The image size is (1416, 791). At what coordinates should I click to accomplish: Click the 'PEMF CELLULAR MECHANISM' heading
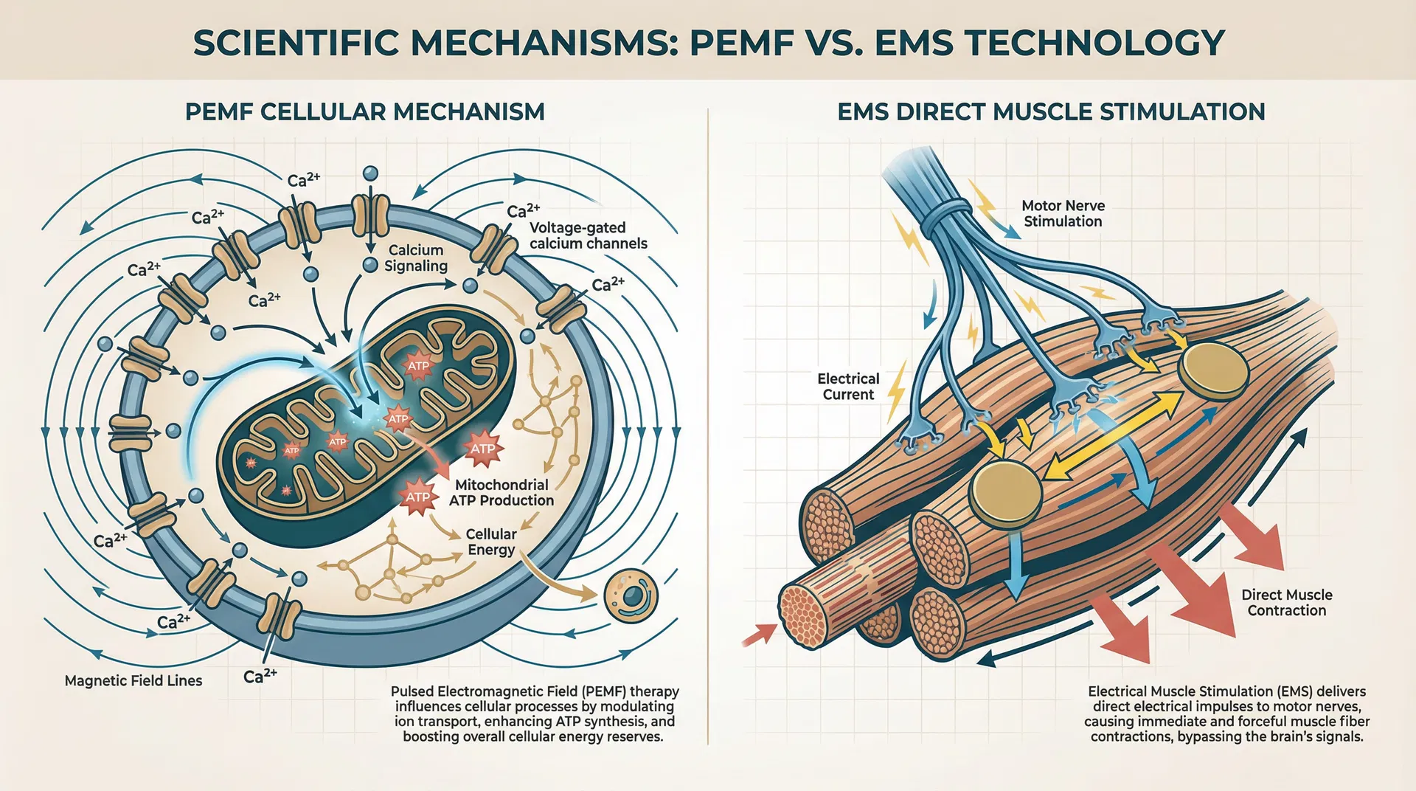[x=364, y=112]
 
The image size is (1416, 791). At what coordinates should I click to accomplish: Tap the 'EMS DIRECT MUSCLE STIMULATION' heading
[x=1051, y=112]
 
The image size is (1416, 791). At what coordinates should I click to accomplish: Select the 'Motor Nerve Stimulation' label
[x=1063, y=213]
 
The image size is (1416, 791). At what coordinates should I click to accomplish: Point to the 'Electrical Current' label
[x=848, y=387]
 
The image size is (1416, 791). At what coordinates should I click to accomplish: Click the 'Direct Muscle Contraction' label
[x=1286, y=602]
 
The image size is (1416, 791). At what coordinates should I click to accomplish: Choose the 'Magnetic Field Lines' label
[x=133, y=680]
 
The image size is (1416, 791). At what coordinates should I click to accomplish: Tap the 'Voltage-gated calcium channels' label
[x=588, y=235]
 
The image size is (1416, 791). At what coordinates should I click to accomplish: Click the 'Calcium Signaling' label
[x=416, y=258]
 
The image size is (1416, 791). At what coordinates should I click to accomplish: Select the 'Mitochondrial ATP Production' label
[x=502, y=492]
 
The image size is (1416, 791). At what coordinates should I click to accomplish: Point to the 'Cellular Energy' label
[x=491, y=542]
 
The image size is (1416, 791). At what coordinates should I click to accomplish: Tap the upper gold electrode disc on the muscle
[x=1212, y=368]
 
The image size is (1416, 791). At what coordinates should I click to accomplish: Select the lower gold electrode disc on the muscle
[x=1004, y=491]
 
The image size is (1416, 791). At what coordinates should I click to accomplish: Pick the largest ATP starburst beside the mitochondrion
[x=483, y=448]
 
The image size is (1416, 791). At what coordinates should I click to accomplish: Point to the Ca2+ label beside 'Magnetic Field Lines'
[x=260, y=675]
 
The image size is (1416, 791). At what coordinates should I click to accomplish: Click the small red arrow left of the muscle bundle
[x=760, y=634]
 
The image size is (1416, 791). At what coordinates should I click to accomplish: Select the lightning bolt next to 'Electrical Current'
[x=897, y=391]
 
